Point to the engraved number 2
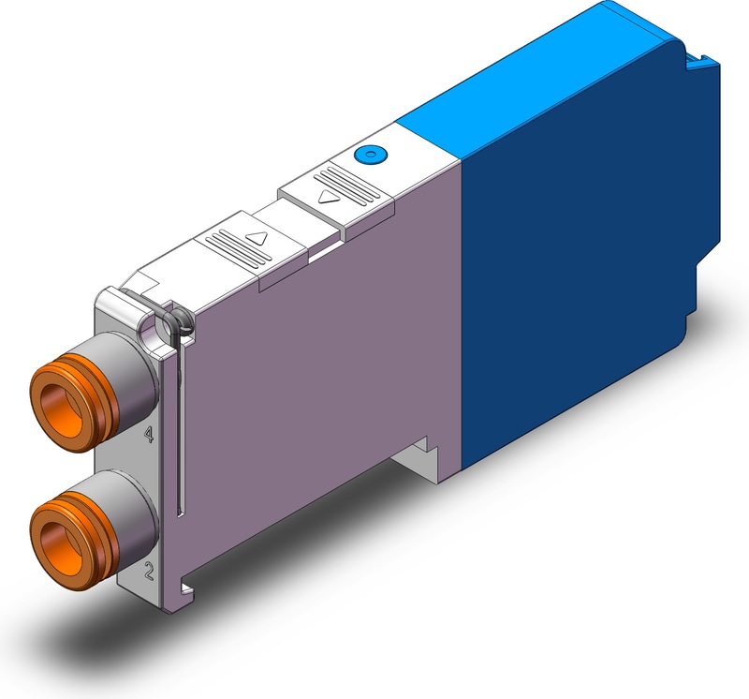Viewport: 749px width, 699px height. click(148, 567)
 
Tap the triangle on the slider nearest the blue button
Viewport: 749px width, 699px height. click(327, 197)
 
